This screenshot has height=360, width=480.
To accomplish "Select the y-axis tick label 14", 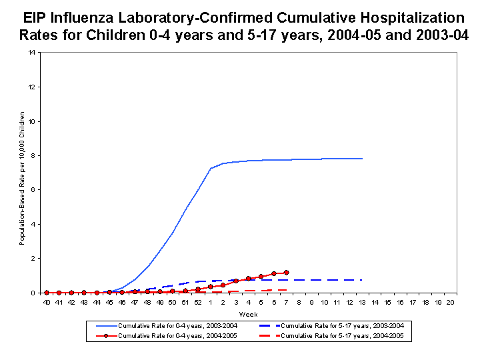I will [33, 53].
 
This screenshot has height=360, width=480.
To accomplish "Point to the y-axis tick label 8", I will [35, 155].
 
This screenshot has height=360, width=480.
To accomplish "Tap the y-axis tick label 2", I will [35, 258].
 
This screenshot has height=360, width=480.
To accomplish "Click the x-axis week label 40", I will [46, 302].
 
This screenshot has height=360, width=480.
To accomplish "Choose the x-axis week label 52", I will [198, 302].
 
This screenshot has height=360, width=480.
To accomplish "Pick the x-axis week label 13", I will [362, 302].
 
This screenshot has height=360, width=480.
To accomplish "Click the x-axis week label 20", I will [451, 302].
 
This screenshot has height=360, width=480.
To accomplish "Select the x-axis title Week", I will [248, 314].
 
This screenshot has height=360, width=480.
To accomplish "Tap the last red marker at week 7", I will [286, 272].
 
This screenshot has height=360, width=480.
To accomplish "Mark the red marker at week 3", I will [236, 281].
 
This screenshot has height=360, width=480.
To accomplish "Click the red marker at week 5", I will [261, 276].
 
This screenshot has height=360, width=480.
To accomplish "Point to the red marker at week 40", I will [46, 292].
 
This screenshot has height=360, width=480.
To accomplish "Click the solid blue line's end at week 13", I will [362, 159].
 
